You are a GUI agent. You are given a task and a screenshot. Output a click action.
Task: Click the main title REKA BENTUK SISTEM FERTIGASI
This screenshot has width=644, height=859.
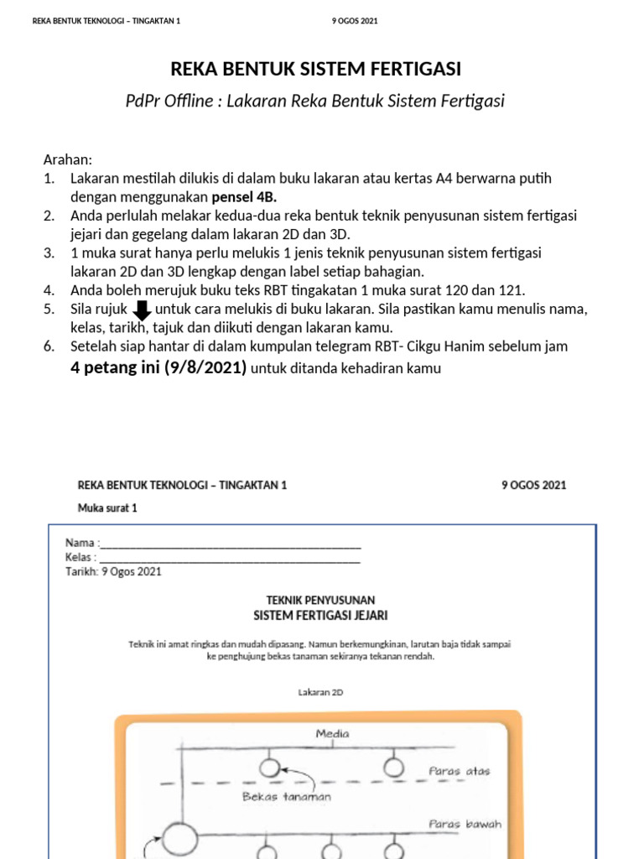tap(316, 69)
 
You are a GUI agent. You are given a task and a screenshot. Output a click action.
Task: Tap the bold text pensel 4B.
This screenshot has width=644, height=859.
tap(244, 196)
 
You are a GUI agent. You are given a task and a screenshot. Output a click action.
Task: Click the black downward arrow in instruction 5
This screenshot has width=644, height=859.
tap(142, 310)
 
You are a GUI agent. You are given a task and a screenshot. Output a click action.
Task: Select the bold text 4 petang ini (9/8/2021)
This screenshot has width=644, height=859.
tap(158, 368)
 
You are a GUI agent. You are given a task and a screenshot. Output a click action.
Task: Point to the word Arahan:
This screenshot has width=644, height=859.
tap(67, 159)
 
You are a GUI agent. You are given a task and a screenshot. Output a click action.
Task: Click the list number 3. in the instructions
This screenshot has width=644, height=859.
tap(49, 252)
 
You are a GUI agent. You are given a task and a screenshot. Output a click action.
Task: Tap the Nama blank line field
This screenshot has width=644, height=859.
tap(231, 544)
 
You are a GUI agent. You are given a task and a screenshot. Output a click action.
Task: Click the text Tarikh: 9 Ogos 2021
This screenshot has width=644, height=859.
tap(113, 571)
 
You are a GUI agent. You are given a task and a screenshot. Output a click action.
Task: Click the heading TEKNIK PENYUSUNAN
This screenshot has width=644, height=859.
tap(320, 600)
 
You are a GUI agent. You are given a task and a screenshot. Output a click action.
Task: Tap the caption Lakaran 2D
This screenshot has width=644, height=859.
tap(321, 692)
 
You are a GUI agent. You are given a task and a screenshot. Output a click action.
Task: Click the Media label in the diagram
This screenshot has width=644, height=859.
tap(332, 734)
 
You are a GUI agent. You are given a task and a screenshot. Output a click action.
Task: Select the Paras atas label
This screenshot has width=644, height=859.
tap(460, 770)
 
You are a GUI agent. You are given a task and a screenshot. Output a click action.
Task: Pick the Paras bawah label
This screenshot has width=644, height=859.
tap(465, 824)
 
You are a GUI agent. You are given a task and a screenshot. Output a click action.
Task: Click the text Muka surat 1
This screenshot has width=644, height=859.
tap(106, 508)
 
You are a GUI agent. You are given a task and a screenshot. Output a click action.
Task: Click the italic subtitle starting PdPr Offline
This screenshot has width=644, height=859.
tap(315, 102)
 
